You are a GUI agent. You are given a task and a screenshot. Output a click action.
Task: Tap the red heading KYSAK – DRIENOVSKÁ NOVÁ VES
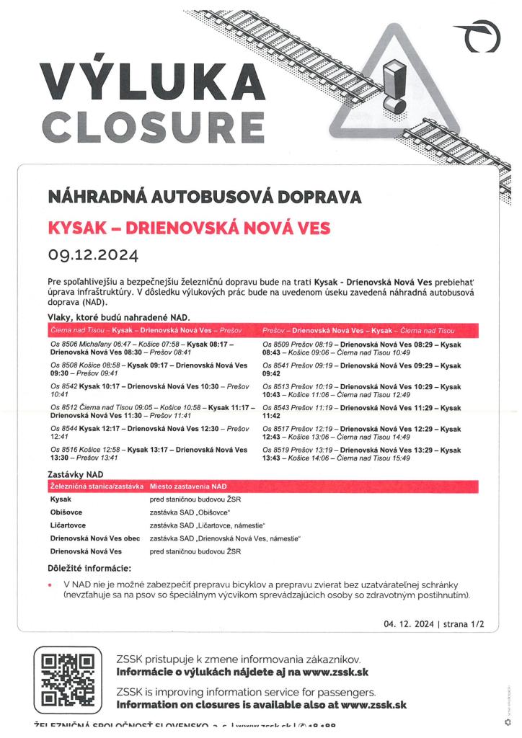point(188,228)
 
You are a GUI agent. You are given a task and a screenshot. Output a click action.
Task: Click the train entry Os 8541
point(277,366)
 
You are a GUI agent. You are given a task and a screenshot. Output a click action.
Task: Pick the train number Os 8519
point(277,450)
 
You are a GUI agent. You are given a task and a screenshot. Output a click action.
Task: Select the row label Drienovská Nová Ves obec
point(95,538)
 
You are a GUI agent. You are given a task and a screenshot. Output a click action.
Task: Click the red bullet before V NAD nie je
point(50,584)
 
